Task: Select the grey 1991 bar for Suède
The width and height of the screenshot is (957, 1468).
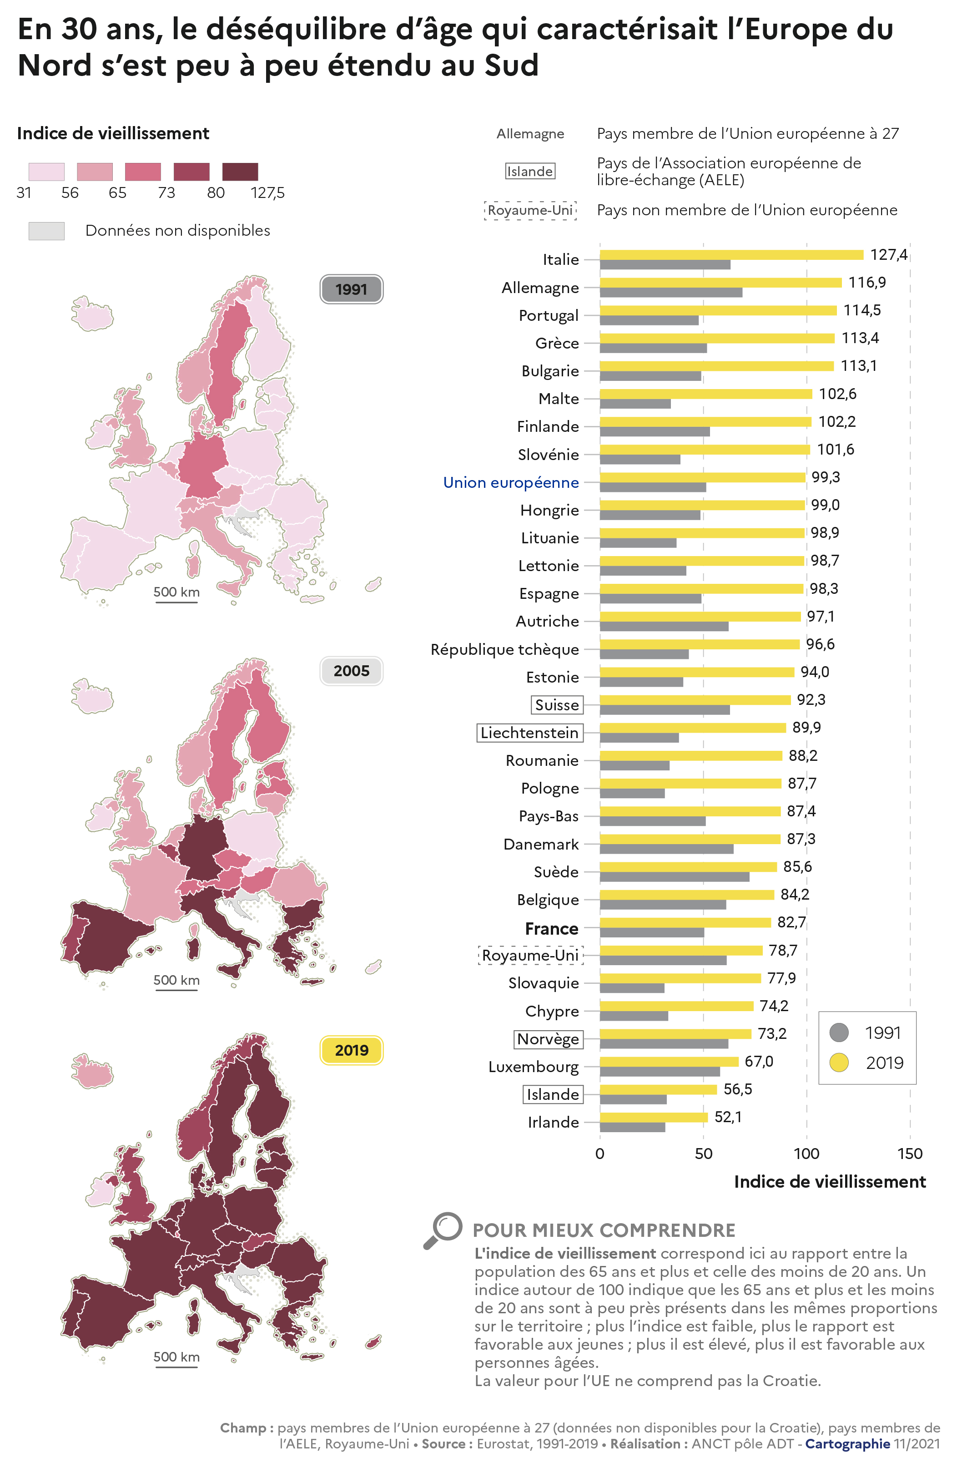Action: [x=674, y=876]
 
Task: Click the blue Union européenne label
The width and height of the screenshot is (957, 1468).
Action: [x=510, y=482]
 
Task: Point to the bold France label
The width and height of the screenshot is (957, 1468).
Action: [x=551, y=928]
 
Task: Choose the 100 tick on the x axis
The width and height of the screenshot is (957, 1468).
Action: [x=806, y=1154]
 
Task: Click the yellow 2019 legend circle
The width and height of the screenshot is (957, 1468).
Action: [x=839, y=1062]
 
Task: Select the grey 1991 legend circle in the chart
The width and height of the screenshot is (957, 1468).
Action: [x=839, y=1032]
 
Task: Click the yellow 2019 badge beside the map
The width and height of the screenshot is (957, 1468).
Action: [x=352, y=1050]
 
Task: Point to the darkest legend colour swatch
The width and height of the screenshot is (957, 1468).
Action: [x=240, y=172]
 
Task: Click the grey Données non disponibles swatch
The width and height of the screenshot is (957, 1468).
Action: [x=46, y=231]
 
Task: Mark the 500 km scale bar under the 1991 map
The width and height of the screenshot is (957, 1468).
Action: [x=176, y=602]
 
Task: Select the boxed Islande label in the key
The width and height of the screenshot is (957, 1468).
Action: [x=530, y=172]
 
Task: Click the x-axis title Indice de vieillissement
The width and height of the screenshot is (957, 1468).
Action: [x=829, y=1181]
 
